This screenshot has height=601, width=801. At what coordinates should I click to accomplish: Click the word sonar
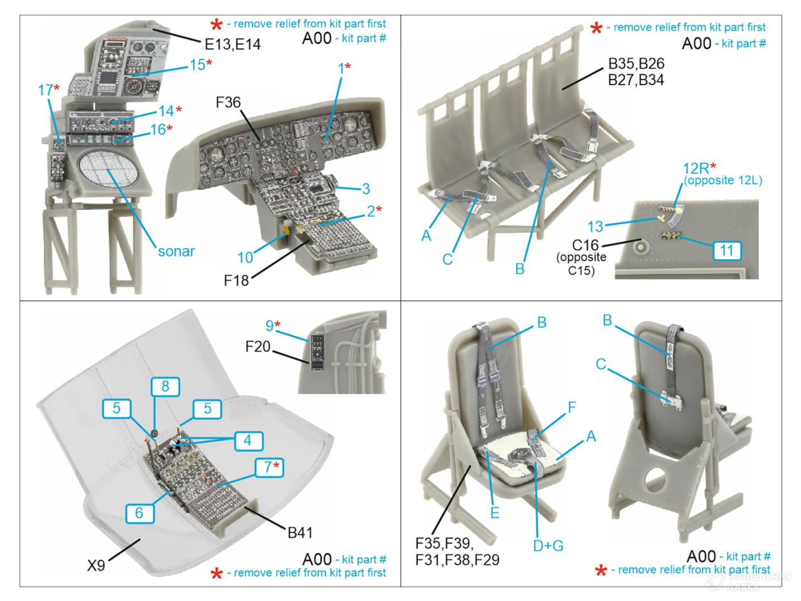176,251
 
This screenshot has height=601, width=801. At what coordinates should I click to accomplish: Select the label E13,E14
233,45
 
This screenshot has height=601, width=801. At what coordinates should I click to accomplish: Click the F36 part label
228,102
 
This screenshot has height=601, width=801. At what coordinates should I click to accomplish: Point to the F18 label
236,280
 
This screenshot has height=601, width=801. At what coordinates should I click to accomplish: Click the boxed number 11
727,251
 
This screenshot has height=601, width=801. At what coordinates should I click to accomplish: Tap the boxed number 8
165,386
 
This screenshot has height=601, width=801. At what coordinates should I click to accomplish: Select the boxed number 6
140,513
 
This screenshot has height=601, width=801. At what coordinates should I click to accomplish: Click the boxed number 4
248,440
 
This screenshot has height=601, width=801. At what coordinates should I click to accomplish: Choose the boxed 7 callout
269,466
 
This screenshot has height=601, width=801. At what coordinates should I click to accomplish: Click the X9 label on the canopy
96,566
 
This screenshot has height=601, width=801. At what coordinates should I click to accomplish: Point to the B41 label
300,533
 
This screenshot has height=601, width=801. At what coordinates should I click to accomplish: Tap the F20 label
257,346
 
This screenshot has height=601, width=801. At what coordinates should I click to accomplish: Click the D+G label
548,545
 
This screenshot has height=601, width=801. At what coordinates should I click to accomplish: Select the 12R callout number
696,169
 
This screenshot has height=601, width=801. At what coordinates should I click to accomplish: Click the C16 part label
585,244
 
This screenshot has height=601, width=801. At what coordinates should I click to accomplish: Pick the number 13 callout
595,227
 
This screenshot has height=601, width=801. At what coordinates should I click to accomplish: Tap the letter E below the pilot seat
495,513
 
